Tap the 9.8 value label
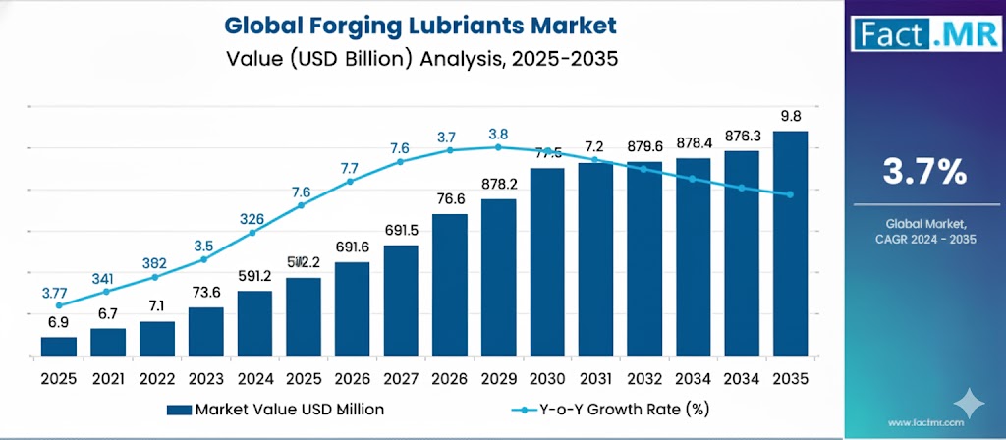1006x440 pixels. tap(792, 115)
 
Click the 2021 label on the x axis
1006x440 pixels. tap(107, 376)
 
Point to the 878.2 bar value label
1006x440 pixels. tap(498, 184)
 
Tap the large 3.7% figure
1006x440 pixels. tap(924, 173)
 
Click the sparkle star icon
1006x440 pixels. tap(970, 403)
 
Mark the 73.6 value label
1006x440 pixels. tap(205, 293)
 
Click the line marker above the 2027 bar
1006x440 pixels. tap(400, 162)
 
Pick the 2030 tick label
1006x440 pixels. tap(546, 376)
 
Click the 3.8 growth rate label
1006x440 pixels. tap(498, 134)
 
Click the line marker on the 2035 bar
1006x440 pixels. tap(790, 194)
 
